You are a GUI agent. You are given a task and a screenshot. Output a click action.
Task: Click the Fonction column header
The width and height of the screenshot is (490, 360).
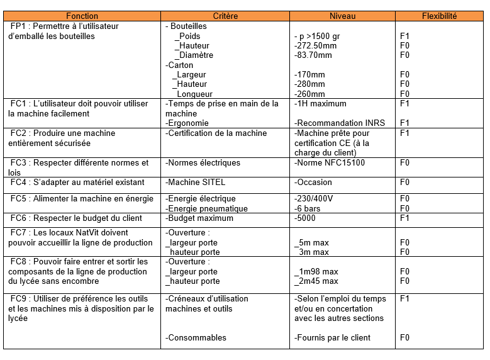click(82, 16)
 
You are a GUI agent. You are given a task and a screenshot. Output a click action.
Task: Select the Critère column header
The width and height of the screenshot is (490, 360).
click(225, 16)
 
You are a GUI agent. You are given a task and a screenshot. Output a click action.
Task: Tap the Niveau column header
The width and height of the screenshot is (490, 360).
click(343, 16)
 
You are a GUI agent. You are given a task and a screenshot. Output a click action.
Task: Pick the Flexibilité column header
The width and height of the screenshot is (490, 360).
click(439, 16)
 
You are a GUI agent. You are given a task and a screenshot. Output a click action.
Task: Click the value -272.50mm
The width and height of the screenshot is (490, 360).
click(315, 46)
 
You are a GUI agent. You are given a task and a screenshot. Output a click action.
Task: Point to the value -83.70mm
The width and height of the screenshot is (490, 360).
click(313, 55)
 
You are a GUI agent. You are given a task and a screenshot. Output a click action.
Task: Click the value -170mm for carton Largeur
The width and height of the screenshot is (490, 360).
click(309, 75)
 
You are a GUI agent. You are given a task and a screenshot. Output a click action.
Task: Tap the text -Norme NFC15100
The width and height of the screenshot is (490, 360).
click(329, 163)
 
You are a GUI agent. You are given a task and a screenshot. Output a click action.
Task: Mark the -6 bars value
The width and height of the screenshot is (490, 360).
click(308, 209)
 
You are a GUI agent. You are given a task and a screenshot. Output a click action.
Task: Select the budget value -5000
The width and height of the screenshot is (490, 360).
click(306, 218)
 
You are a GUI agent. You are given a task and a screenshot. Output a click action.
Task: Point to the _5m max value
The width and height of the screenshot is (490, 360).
click(311, 242)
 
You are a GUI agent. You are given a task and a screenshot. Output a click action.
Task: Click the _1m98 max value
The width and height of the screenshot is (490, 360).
click(316, 272)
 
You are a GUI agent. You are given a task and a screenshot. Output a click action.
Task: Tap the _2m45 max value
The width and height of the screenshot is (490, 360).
click(316, 281)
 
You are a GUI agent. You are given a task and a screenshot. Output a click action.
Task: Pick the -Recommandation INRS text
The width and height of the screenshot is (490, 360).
click(339, 123)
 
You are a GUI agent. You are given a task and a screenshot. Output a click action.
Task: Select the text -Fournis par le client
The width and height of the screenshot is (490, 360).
click(332, 338)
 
